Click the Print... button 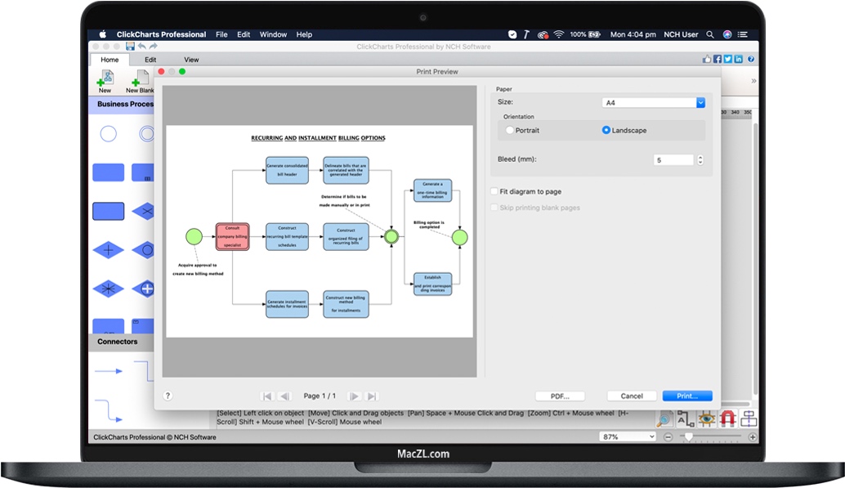point(687,396)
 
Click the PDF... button point(560,396)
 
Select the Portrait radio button point(511,130)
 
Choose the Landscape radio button point(606,130)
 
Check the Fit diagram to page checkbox point(494,191)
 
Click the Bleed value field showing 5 point(673,160)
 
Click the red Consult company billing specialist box point(232,236)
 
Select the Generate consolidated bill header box point(287,170)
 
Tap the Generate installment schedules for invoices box point(287,303)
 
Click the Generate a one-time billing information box point(432,190)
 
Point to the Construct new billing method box point(346,303)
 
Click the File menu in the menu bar point(221,34)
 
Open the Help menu point(304,34)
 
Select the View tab point(191,60)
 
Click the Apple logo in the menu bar point(103,34)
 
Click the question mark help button point(168,396)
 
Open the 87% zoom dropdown point(628,437)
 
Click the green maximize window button point(182,71)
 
